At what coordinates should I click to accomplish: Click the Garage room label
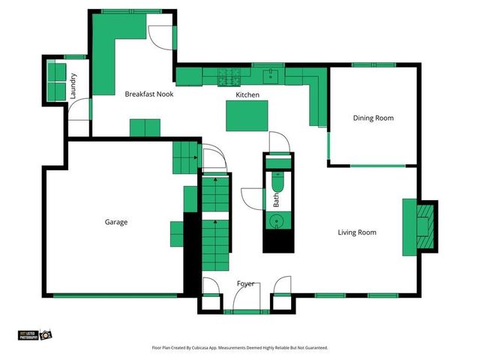[x=115, y=222]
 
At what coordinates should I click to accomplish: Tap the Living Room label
[x=355, y=232]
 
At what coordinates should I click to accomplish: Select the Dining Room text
[x=373, y=118]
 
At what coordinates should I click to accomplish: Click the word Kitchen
[x=247, y=95]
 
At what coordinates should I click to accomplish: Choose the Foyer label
[x=245, y=283]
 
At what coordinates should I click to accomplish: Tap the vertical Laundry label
[x=73, y=85]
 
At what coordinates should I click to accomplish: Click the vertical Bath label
[x=276, y=200]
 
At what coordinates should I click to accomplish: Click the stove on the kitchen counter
[x=228, y=76]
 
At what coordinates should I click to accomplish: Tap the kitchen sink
[x=270, y=75]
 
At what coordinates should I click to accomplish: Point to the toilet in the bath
[x=277, y=183]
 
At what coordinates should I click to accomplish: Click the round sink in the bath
[x=277, y=221]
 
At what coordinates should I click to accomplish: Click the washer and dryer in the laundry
[x=56, y=79]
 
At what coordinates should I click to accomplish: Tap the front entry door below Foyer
[x=245, y=301]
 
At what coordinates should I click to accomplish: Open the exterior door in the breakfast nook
[x=160, y=36]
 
